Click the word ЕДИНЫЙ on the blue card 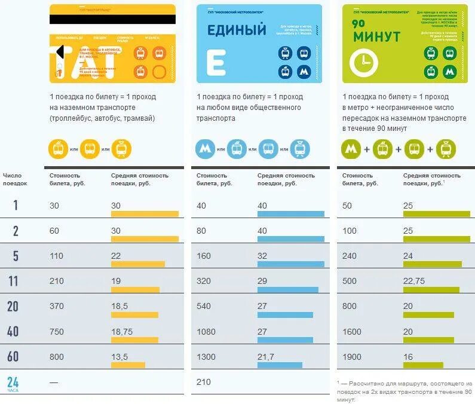pyautogui.click(x=236, y=29)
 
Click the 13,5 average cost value pyautogui.click(x=119, y=357)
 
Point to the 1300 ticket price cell pyautogui.click(x=207, y=357)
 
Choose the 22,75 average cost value pyautogui.click(x=414, y=281)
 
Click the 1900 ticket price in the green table pyautogui.click(x=353, y=357)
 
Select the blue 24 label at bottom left pyautogui.click(x=14, y=381)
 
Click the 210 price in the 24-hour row pyautogui.click(x=203, y=382)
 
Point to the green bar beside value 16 pyautogui.click(x=423, y=365)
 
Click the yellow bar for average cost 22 pyautogui.click(x=137, y=264)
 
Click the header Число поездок pyautogui.click(x=15, y=179)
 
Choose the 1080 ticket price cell pyautogui.click(x=207, y=332)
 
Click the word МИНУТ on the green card pyautogui.click(x=376, y=37)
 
